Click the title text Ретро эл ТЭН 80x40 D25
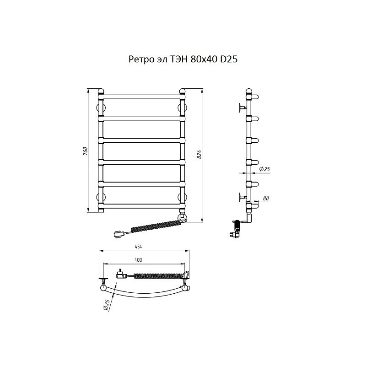pyautogui.click(x=183, y=59)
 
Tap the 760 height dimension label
pyautogui.click(x=85, y=151)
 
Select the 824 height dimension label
pyautogui.click(x=199, y=155)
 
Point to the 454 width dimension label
pyautogui.click(x=139, y=247)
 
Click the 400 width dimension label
pyautogui.click(x=139, y=260)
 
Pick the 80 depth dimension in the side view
pyautogui.click(x=266, y=199)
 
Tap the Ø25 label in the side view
pyautogui.click(x=264, y=169)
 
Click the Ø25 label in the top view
pyautogui.click(x=106, y=305)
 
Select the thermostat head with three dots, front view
pyautogui.click(x=182, y=219)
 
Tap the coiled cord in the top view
pyautogui.click(x=159, y=275)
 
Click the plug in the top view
pyautogui.click(x=122, y=274)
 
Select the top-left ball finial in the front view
pyautogui.click(x=101, y=91)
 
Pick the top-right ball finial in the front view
pyautogui.click(x=182, y=91)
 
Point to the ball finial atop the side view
pyautogui.click(x=249, y=91)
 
